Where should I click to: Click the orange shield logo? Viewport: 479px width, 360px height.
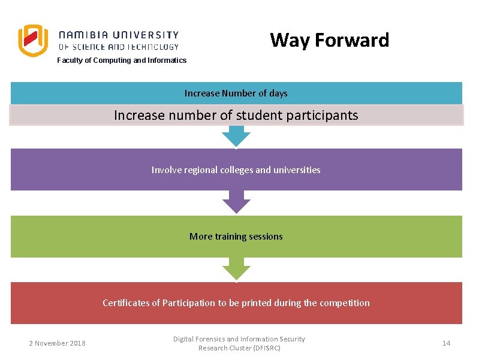pos(32,41)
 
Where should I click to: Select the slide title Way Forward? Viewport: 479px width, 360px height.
pos(329,40)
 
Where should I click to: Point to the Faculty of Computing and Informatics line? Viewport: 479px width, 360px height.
pos(122,60)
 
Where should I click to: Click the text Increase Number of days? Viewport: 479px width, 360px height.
pos(236,93)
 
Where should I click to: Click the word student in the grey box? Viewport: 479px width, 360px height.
pos(243,115)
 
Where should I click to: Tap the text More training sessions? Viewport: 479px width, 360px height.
pos(236,236)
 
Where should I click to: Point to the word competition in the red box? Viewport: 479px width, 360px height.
pos(345,302)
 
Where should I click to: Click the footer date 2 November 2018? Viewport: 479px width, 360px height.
pos(57,343)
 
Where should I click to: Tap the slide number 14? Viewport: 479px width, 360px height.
pos(446,343)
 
